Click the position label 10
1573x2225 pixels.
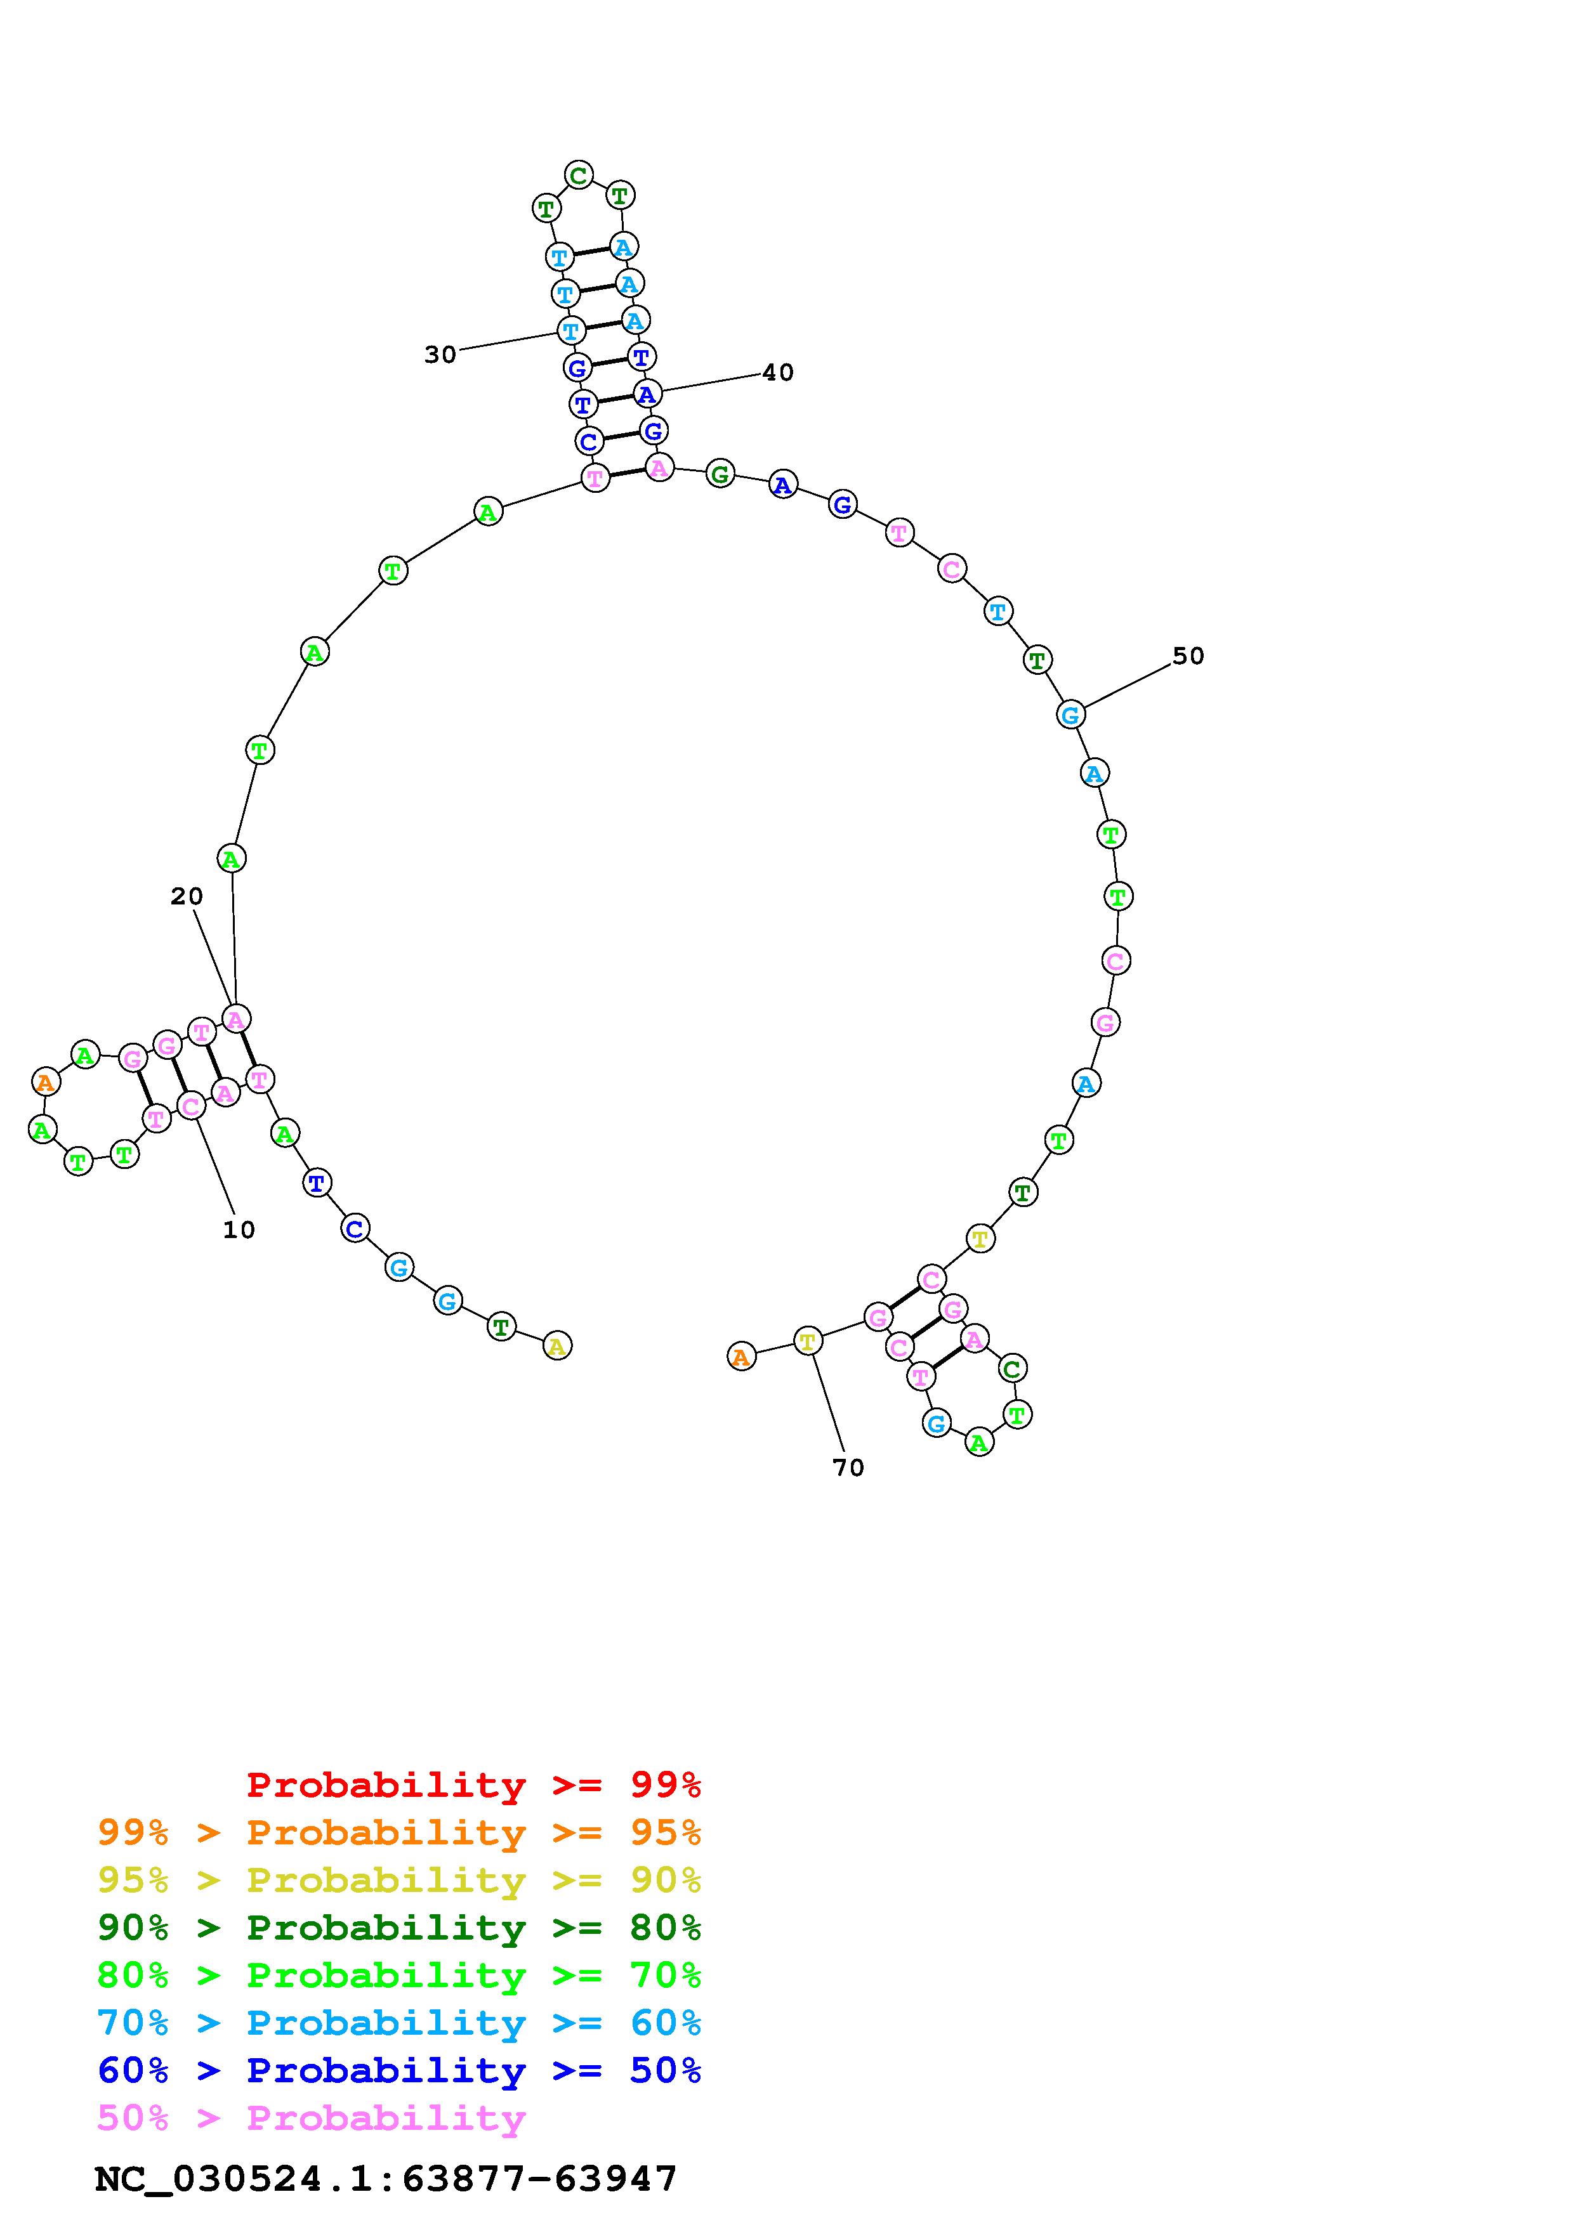(x=239, y=1230)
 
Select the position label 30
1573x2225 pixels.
(x=440, y=355)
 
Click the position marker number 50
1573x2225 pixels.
(x=1188, y=656)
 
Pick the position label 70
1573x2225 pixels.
(x=848, y=1468)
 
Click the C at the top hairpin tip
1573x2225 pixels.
(x=579, y=176)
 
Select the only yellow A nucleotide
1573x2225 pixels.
(x=557, y=1345)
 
